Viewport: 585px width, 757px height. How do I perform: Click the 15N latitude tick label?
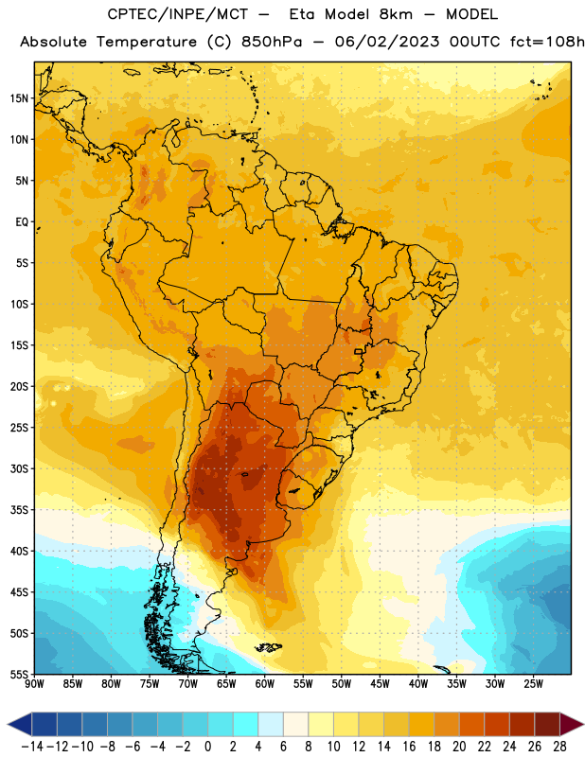coord(19,98)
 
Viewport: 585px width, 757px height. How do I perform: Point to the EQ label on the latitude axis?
coord(22,222)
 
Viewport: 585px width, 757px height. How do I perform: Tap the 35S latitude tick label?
coord(19,510)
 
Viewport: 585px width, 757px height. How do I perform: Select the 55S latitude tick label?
coord(19,674)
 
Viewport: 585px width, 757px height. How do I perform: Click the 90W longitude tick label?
coord(34,684)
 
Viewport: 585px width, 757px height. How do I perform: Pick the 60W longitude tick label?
coord(265,684)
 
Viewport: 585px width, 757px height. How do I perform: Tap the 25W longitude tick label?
coord(533,684)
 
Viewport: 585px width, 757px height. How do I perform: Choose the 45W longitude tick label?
coord(380,684)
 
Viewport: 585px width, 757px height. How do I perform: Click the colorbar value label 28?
coord(559,747)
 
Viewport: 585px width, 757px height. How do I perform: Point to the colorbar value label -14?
coord(32,747)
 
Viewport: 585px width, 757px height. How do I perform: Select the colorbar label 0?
coord(207,747)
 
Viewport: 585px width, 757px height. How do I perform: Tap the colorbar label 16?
coord(409,747)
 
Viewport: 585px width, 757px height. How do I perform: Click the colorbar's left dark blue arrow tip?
coord(8,724)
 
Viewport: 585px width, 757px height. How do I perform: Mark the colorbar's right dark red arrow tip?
coord(583,724)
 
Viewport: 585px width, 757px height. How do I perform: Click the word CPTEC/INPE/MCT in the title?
coord(178,14)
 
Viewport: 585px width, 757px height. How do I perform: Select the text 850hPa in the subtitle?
coord(272,42)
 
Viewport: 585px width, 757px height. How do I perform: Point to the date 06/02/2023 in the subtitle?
coord(387,42)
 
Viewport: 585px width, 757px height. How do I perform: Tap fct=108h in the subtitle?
coord(547,42)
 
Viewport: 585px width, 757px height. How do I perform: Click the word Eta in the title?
coord(302,14)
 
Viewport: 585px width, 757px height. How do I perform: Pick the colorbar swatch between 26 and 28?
coord(547,724)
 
